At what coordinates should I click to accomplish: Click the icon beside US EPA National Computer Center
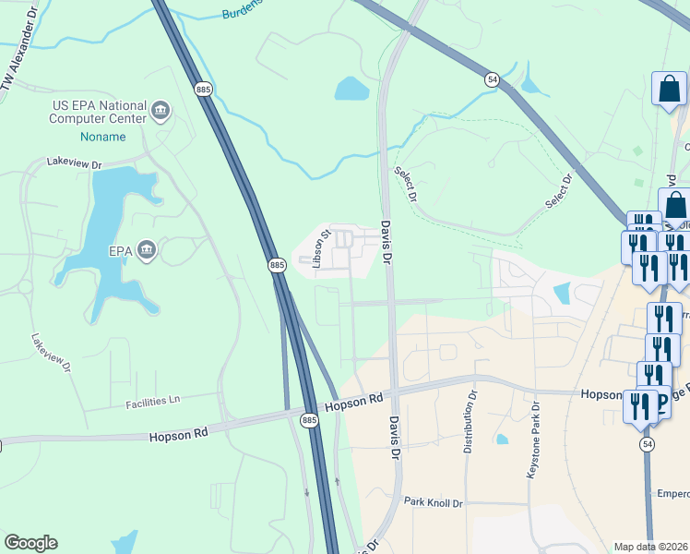point(161,112)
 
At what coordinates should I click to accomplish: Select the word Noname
point(102,136)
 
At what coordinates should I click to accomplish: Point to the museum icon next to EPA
point(146,249)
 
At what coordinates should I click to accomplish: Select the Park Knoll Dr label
point(433,502)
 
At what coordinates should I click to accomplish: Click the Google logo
point(30,543)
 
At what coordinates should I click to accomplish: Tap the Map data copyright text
point(651,547)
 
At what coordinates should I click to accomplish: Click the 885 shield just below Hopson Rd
point(309,419)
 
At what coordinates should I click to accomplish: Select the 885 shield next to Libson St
point(277,265)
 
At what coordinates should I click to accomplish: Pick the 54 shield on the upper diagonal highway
point(493,81)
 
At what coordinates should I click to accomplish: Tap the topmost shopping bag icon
point(669,90)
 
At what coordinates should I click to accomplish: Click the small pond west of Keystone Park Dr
point(501,440)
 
